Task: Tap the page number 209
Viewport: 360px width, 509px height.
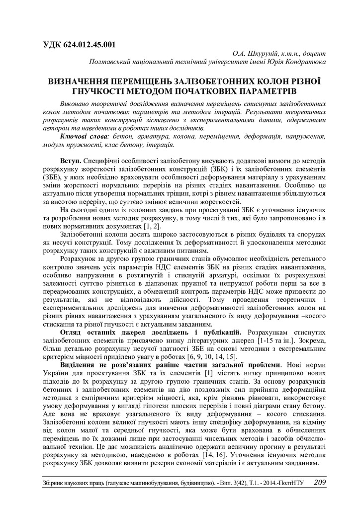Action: coord(320,482)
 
